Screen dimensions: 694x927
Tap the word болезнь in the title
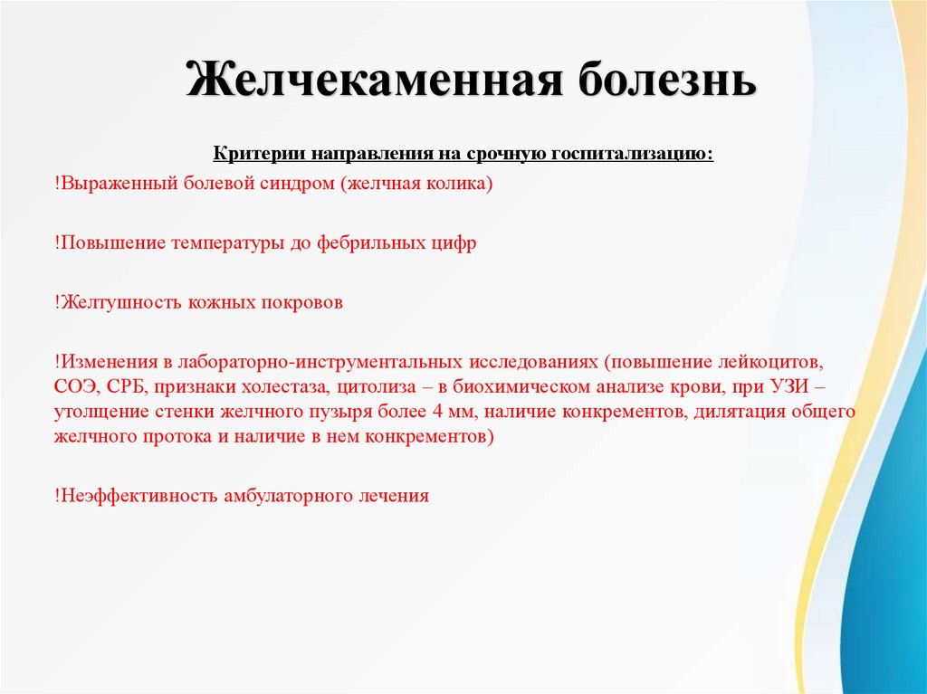(666, 81)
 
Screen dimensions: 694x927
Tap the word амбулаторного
(290, 496)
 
